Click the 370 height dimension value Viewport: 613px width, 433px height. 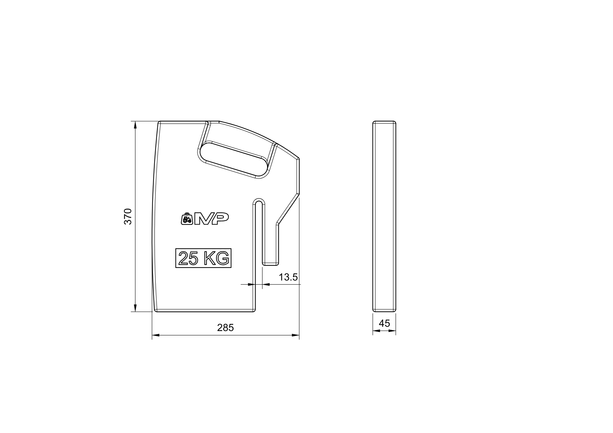coord(128,217)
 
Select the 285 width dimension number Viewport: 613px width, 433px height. coord(225,328)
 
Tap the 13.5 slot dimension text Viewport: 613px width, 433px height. coord(288,277)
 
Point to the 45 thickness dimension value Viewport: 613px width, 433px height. coord(384,323)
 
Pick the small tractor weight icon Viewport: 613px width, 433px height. coord(187,218)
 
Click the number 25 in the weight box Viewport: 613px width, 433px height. coord(188,258)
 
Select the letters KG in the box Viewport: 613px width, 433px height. coord(216,258)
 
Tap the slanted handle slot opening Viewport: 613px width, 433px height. coord(233,160)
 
